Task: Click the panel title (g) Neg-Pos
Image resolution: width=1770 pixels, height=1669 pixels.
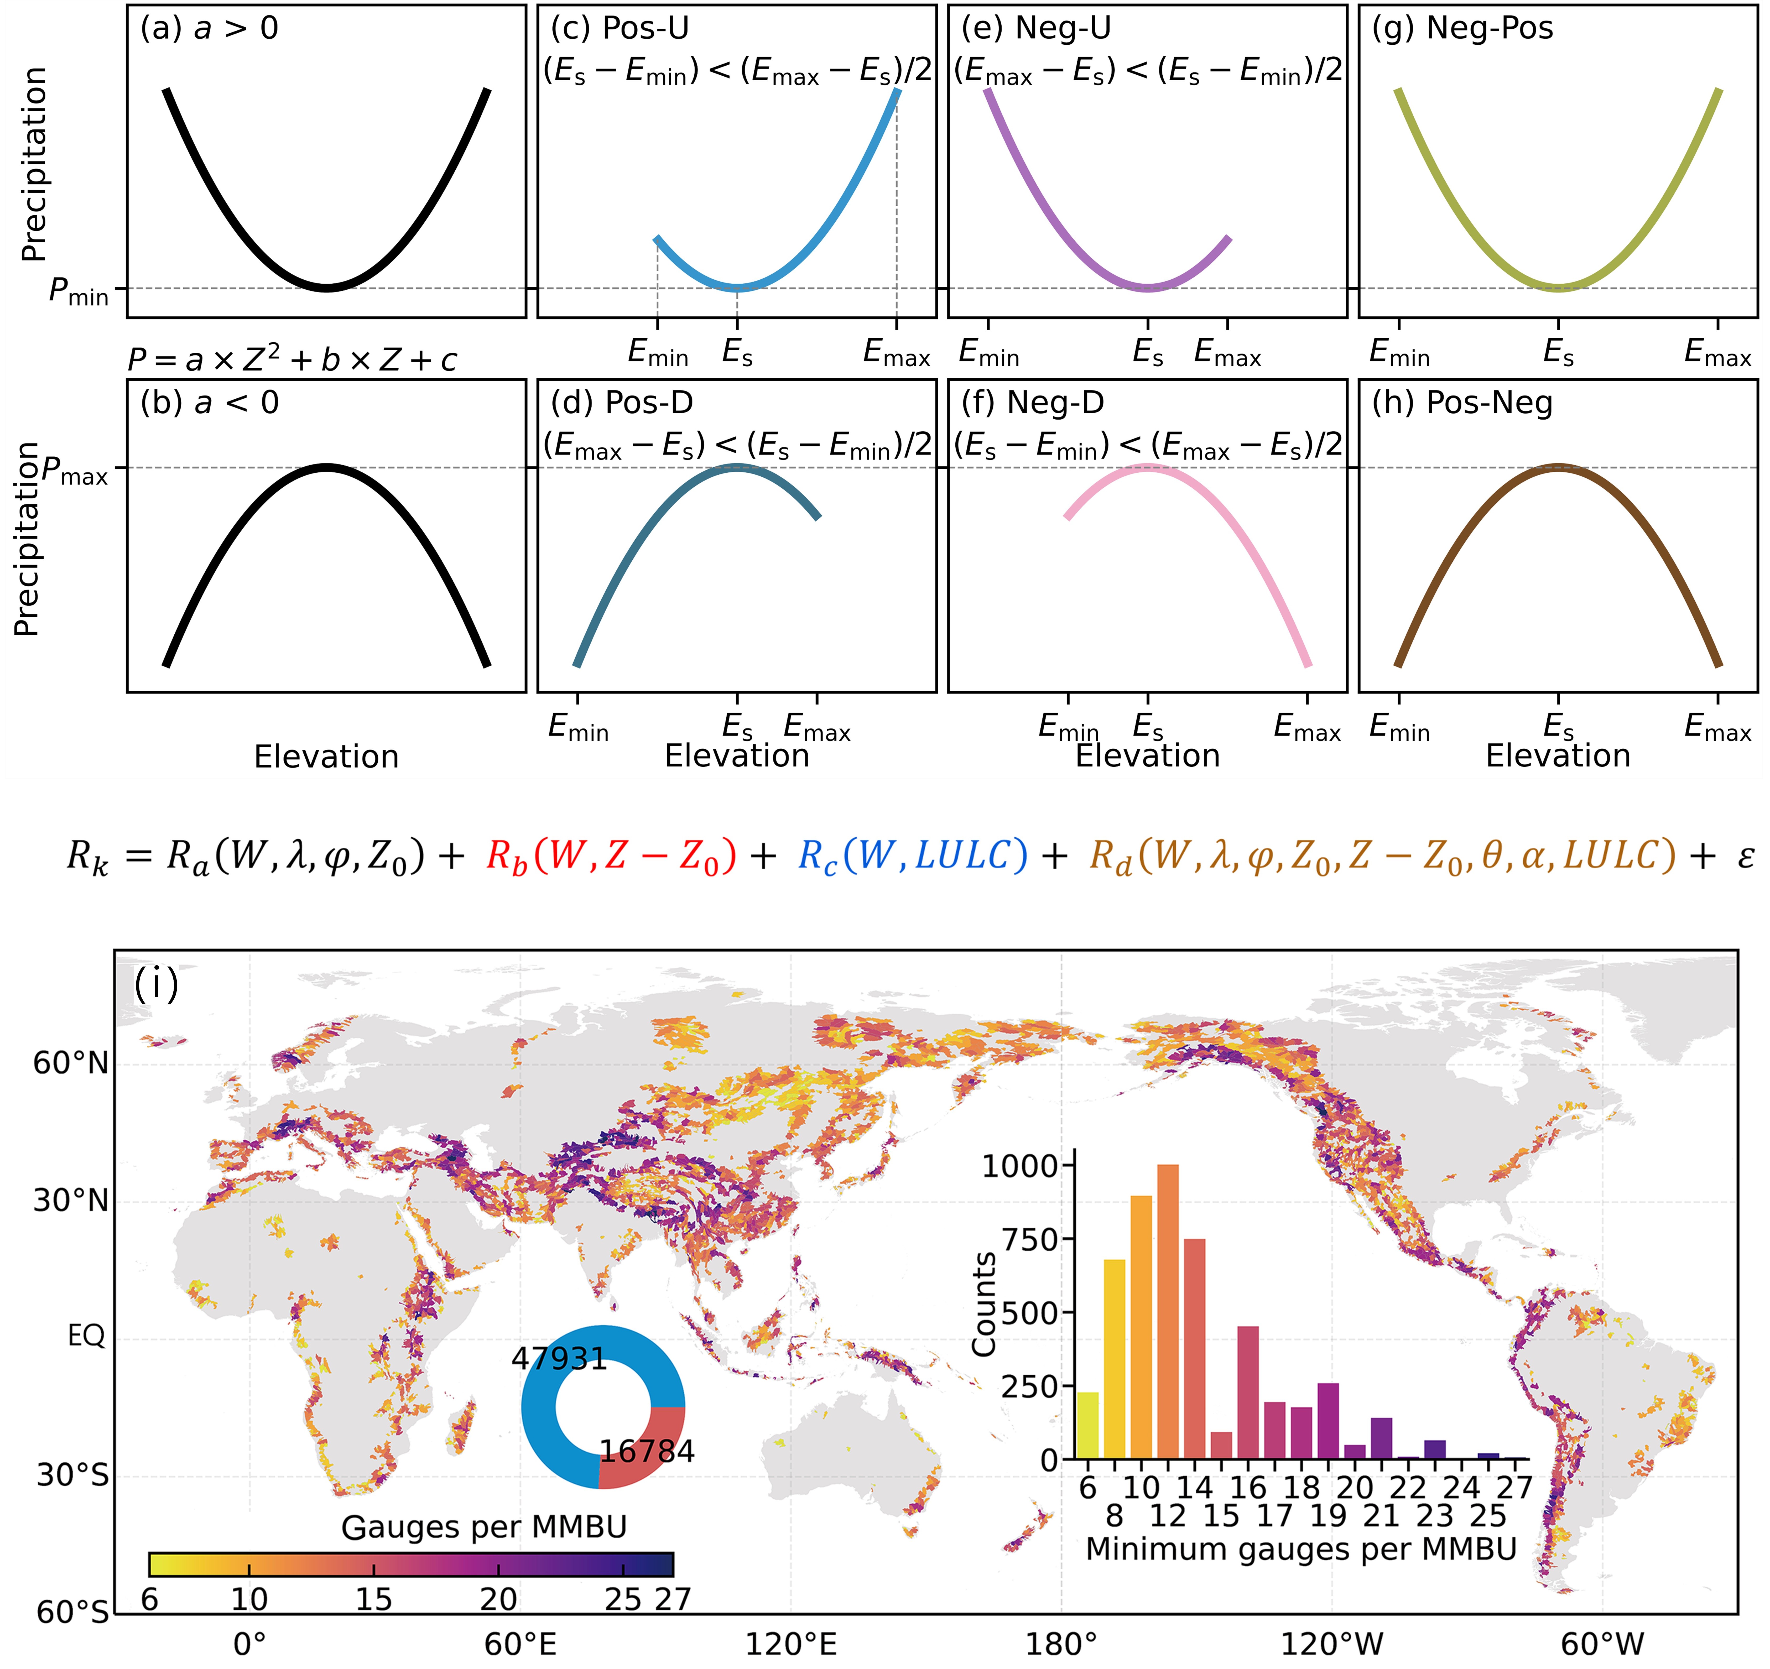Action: tap(1462, 28)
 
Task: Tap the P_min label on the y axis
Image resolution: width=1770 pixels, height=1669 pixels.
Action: tap(78, 291)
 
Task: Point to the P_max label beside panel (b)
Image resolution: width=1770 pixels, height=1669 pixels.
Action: tap(75, 470)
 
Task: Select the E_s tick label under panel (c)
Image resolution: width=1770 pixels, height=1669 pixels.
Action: tap(737, 353)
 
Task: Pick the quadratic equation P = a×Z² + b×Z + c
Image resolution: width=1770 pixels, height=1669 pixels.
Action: tap(292, 360)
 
